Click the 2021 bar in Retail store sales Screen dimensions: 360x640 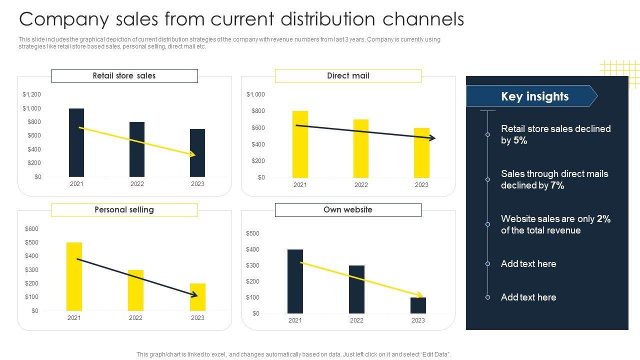[x=76, y=142]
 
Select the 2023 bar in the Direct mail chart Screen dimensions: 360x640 [x=421, y=152]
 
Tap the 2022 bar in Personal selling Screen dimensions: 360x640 [x=135, y=290]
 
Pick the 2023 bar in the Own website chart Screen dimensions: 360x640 [x=418, y=305]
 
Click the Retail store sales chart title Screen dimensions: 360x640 [x=124, y=76]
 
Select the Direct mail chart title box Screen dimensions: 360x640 [x=348, y=76]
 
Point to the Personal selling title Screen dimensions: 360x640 [x=124, y=210]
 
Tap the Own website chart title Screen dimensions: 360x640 [x=348, y=210]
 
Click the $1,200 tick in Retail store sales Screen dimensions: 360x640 [x=31, y=94]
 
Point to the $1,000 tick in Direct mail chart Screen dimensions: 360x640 [x=255, y=94]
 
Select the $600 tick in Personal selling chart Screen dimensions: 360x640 [x=31, y=229]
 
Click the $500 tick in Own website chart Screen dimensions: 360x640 [x=252, y=233]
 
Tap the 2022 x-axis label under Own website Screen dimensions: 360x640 [x=356, y=320]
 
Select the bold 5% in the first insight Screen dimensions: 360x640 [x=520, y=141]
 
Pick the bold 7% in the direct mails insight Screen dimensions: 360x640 [x=557, y=186]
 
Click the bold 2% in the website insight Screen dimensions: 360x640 [x=604, y=219]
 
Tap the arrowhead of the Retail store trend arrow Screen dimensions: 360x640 [x=192, y=155]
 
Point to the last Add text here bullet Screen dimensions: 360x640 [x=528, y=297]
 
